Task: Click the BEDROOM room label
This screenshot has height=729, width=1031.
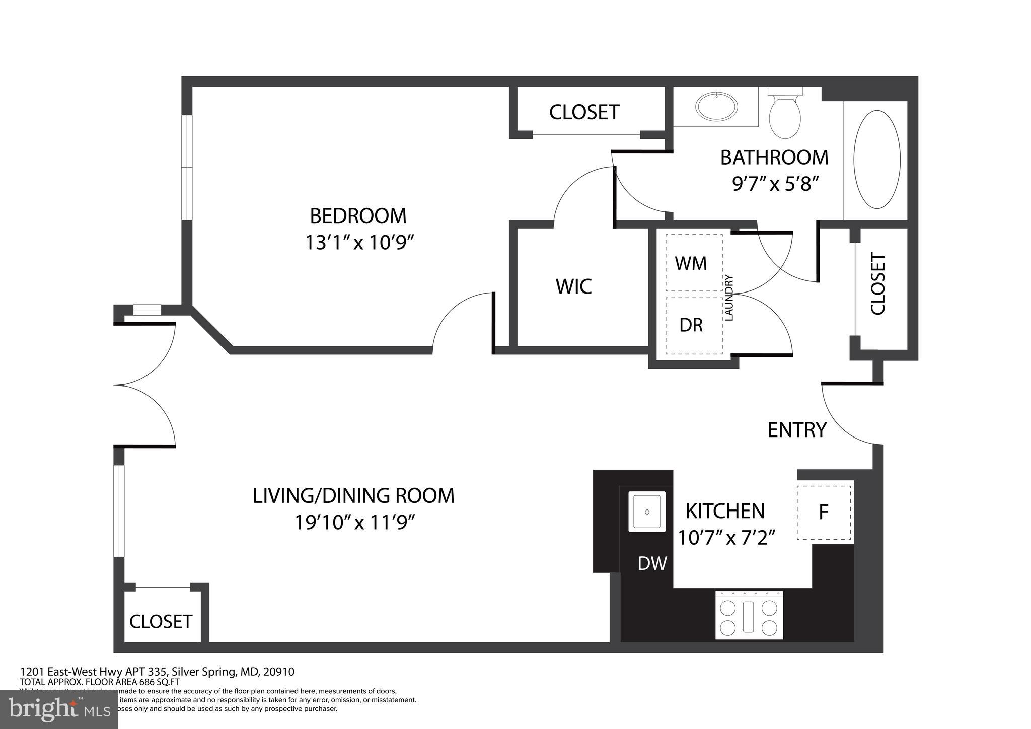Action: pyautogui.click(x=358, y=216)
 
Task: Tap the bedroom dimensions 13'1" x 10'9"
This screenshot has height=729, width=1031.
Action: pyautogui.click(x=359, y=243)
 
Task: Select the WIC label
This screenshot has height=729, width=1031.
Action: pyautogui.click(x=573, y=286)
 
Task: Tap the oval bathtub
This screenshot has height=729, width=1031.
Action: pyautogui.click(x=877, y=159)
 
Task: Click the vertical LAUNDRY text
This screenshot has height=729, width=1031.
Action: pyautogui.click(x=729, y=298)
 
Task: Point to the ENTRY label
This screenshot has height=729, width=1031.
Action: pyautogui.click(x=797, y=430)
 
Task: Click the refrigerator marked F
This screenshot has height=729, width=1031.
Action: pyautogui.click(x=824, y=512)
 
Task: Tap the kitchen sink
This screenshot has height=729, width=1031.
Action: pyautogui.click(x=647, y=512)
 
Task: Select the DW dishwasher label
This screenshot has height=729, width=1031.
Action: pyautogui.click(x=652, y=563)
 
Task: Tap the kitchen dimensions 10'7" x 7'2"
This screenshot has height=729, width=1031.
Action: pyautogui.click(x=725, y=538)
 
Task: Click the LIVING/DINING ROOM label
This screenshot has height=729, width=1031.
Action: pyautogui.click(x=353, y=496)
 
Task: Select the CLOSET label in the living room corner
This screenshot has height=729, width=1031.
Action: pyautogui.click(x=161, y=622)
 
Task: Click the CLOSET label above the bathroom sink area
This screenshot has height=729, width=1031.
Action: pyautogui.click(x=584, y=112)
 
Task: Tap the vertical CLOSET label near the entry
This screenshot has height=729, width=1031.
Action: pyautogui.click(x=877, y=284)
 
